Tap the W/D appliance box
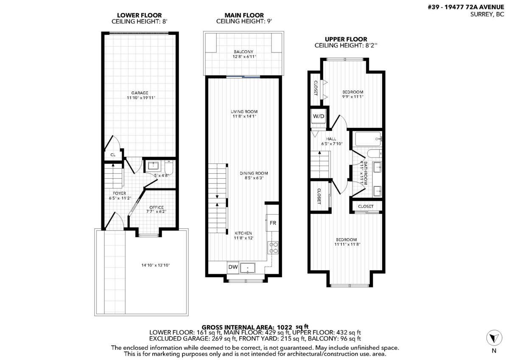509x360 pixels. [318, 116]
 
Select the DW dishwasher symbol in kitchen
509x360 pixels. [233, 267]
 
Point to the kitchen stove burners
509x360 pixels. [273, 247]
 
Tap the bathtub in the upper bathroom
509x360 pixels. [369, 139]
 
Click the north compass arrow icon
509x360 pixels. [493, 338]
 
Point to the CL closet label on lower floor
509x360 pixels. [113, 155]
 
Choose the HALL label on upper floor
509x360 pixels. [331, 139]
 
